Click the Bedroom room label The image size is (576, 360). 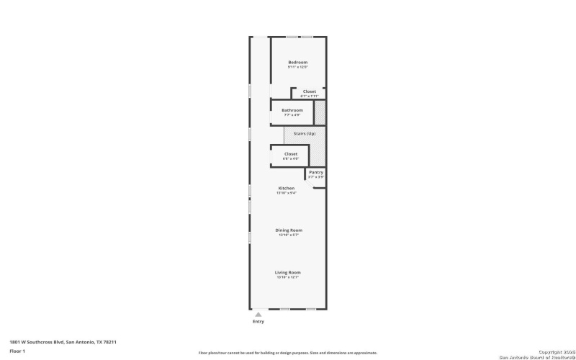[x=298, y=63]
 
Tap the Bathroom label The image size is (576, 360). [x=292, y=110]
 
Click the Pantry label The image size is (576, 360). [x=316, y=172]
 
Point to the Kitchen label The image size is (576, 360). [x=287, y=188]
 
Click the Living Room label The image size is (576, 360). [x=287, y=272]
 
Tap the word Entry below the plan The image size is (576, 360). [x=258, y=321]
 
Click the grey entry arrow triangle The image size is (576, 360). [x=258, y=314]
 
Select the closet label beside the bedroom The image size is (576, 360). [x=309, y=91]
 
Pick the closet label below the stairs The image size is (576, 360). [x=290, y=153]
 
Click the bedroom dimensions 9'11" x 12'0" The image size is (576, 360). [x=298, y=68]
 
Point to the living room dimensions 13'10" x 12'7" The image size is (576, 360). [x=287, y=277]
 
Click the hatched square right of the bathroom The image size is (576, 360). [x=320, y=114]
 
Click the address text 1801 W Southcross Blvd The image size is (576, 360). [x=63, y=342]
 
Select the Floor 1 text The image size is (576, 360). [x=17, y=351]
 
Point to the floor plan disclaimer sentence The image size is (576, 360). [x=288, y=353]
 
